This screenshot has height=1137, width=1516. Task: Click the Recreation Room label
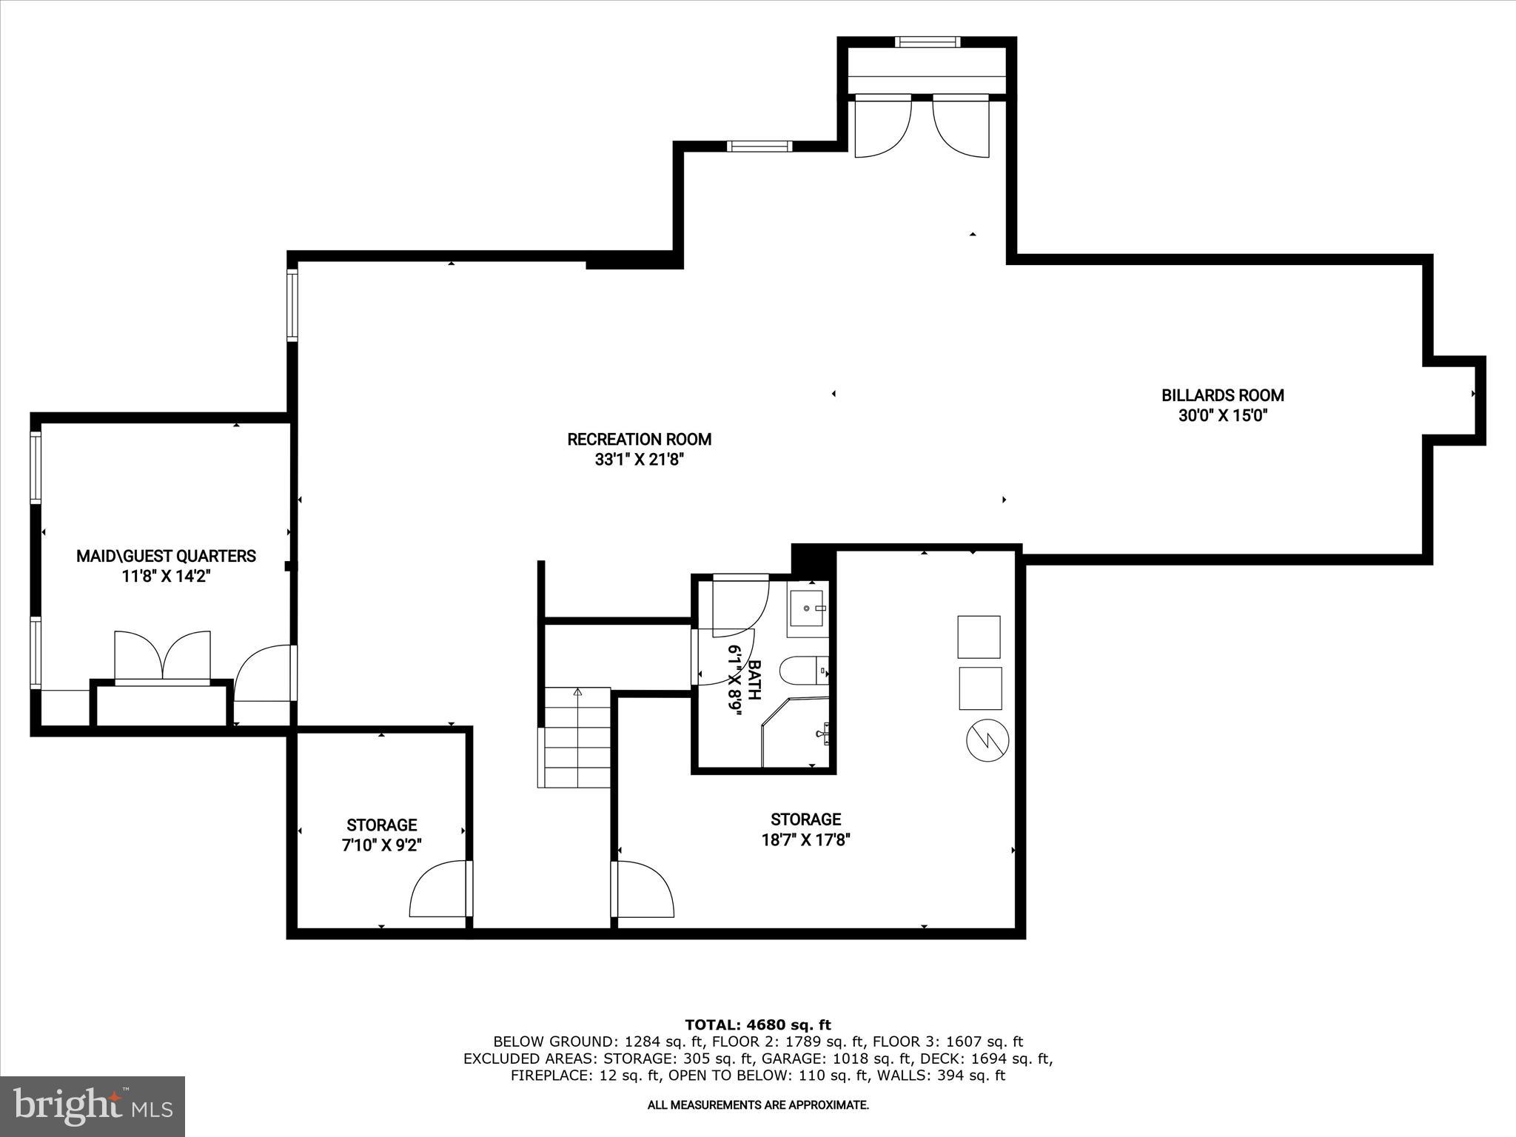click(x=639, y=439)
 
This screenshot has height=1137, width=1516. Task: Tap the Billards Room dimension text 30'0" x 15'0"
click(x=1223, y=416)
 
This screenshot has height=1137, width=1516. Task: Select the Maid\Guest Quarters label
click(x=166, y=556)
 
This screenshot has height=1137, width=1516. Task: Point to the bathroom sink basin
click(x=807, y=608)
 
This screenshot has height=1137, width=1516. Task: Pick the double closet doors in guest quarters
click(x=163, y=656)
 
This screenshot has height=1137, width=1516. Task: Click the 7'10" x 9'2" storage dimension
click(x=381, y=845)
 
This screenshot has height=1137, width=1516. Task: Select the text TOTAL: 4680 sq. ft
click(x=757, y=1024)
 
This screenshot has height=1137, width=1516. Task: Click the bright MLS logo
click(x=93, y=1106)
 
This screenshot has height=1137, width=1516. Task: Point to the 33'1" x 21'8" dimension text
click(x=639, y=460)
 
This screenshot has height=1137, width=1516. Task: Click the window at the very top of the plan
click(x=928, y=42)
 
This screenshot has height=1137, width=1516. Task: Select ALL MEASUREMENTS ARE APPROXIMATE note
click(x=757, y=1105)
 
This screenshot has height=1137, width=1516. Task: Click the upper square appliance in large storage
click(x=979, y=637)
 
